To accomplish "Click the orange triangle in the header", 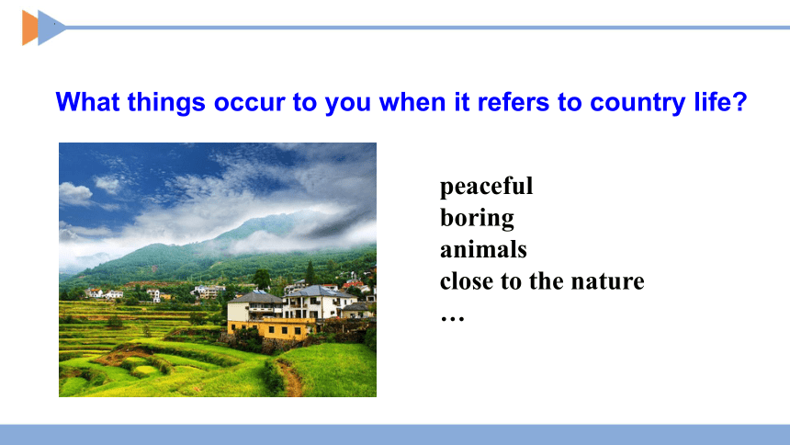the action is pyautogui.click(x=28, y=28).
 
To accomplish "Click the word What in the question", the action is pyautogui.click(x=87, y=102).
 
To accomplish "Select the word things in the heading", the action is pyautogui.click(x=166, y=103).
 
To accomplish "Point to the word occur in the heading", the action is pyautogui.click(x=249, y=103).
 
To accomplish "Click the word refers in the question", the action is pyautogui.click(x=513, y=102).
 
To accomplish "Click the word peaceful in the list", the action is pyautogui.click(x=486, y=187).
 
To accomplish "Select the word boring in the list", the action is pyautogui.click(x=477, y=219).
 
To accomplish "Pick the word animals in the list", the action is pyautogui.click(x=483, y=249).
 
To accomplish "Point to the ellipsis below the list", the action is pyautogui.click(x=452, y=318).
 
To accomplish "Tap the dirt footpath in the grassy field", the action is pyautogui.click(x=291, y=379).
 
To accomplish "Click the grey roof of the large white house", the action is pyautogui.click(x=319, y=291).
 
